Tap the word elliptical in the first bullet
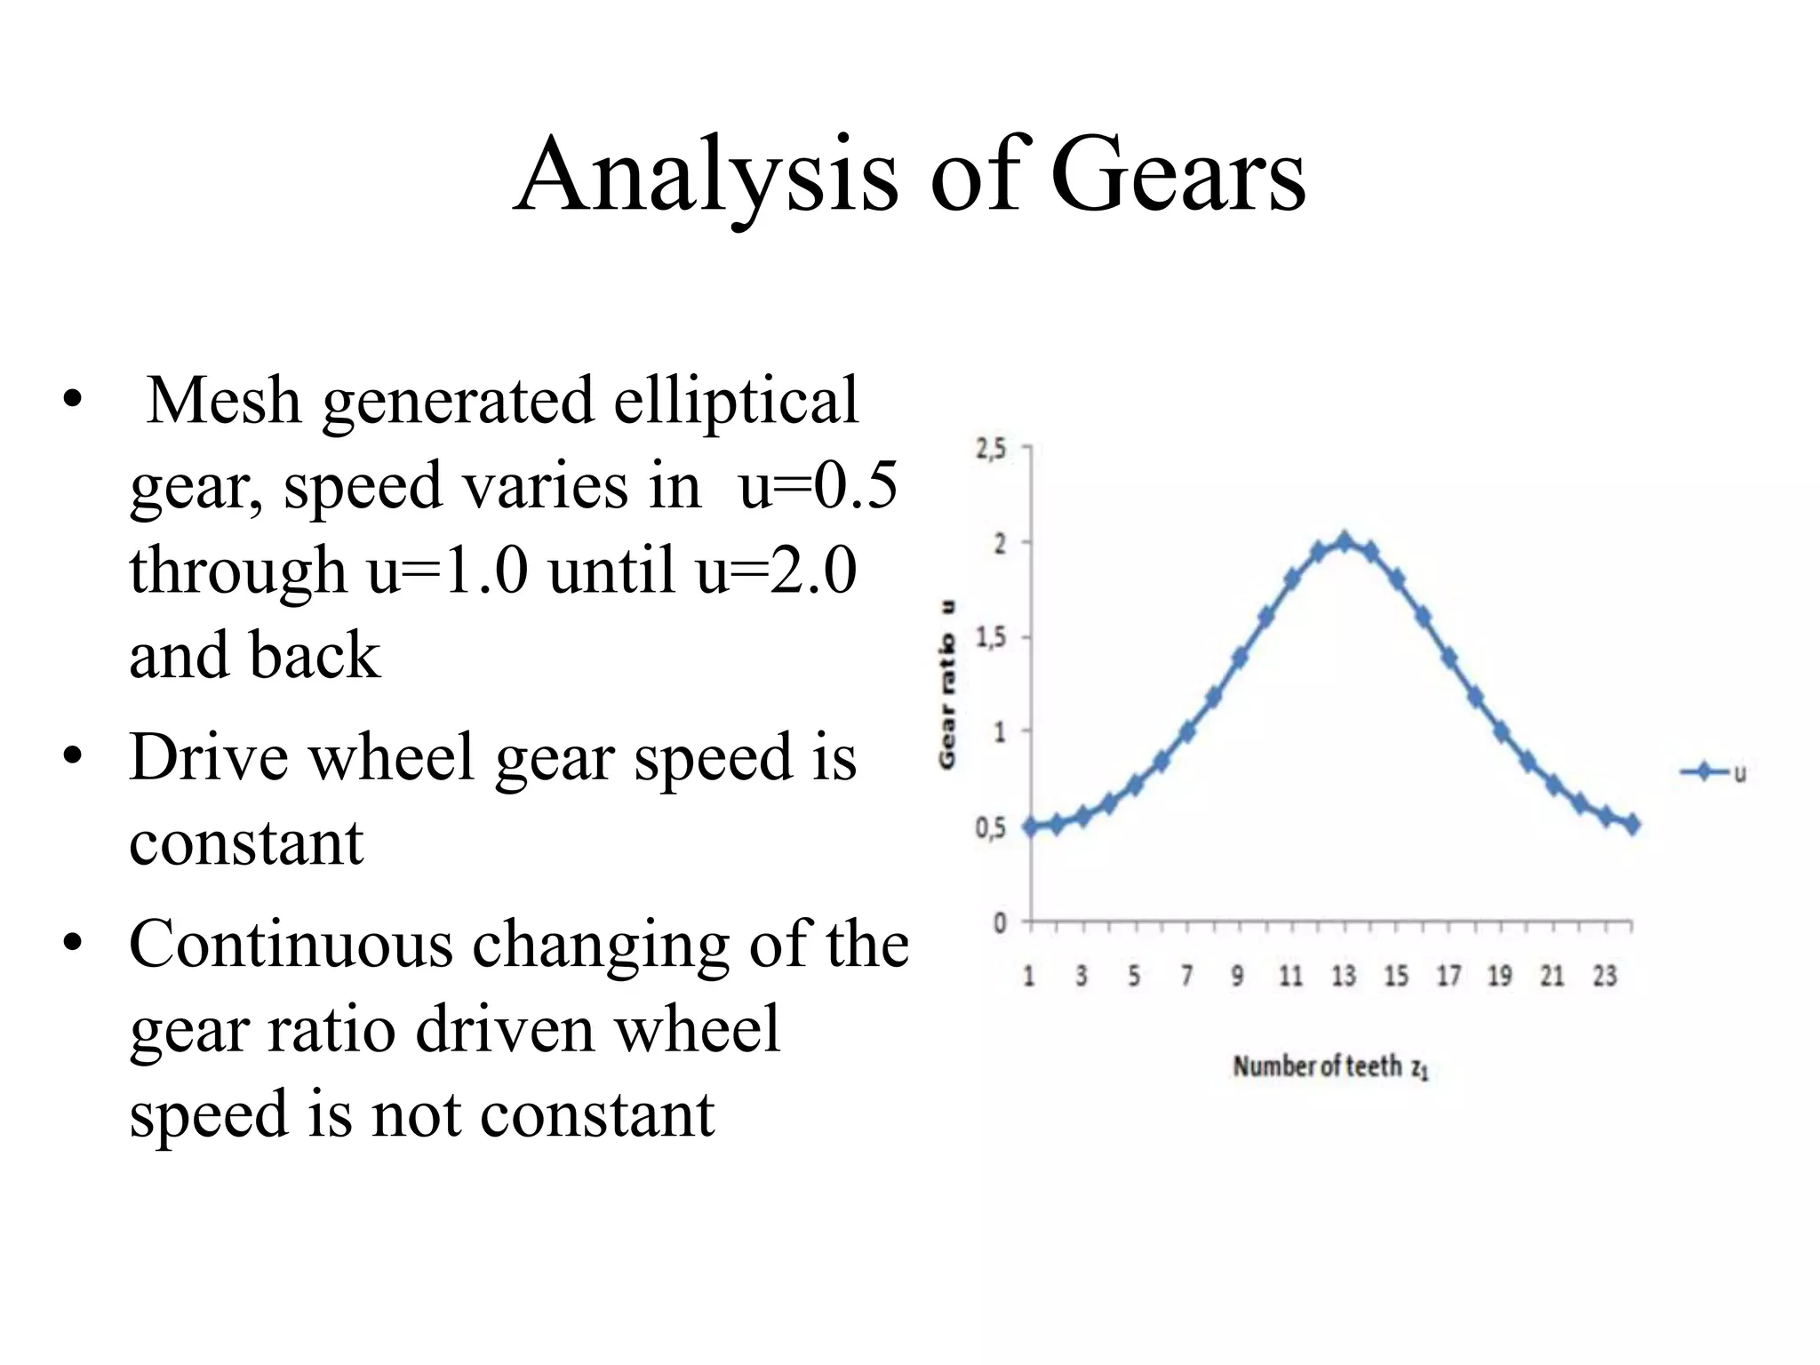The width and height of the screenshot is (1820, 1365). pyautogui.click(x=736, y=401)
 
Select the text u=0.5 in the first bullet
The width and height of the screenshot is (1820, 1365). pyautogui.click(x=818, y=486)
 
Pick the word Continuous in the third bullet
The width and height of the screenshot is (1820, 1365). pyautogui.click(x=291, y=944)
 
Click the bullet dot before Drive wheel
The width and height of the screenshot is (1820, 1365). pyautogui.click(x=72, y=758)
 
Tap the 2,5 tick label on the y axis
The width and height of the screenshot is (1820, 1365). pyautogui.click(x=991, y=450)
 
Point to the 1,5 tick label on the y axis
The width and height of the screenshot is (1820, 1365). pyautogui.click(x=991, y=638)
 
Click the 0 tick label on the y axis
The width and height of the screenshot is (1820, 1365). pyautogui.click(x=1000, y=923)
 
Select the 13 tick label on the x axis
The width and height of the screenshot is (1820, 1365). pyautogui.click(x=1344, y=977)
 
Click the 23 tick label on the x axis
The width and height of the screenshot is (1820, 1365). pyautogui.click(x=1605, y=977)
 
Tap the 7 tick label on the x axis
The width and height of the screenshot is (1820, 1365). pyautogui.click(x=1186, y=977)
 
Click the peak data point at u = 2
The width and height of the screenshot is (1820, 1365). pyautogui.click(x=1345, y=541)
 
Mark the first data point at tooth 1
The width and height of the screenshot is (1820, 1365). pyautogui.click(x=1031, y=826)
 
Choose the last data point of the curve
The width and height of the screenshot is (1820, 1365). pyautogui.click(x=1632, y=825)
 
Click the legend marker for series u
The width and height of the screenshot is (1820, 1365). pyautogui.click(x=1704, y=772)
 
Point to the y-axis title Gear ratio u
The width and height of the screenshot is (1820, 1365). pyautogui.click(x=948, y=684)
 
